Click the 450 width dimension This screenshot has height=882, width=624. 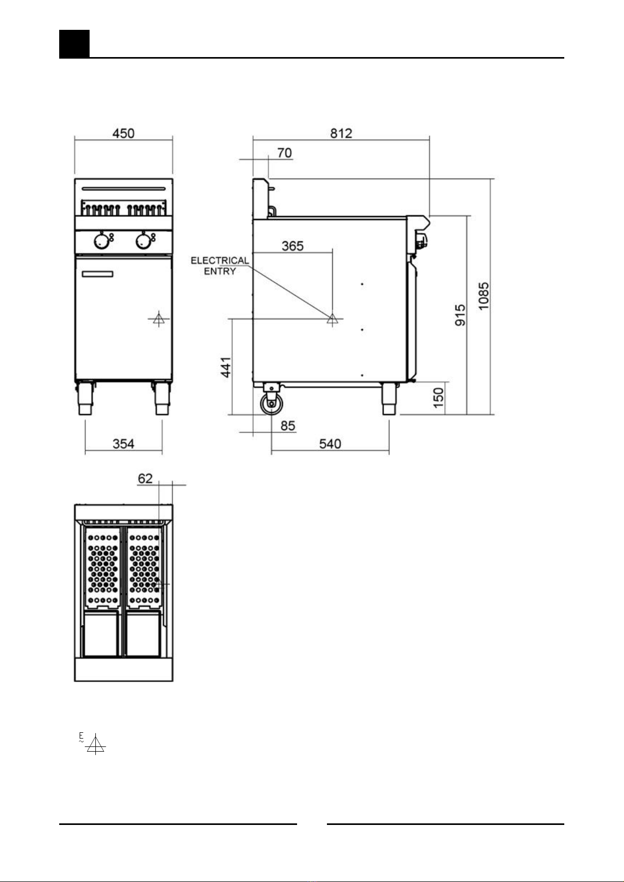[123, 133]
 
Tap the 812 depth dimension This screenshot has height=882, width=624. [341, 133]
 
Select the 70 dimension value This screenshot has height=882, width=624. [284, 153]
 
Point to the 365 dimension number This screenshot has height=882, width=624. [292, 246]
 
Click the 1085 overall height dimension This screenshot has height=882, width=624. [484, 296]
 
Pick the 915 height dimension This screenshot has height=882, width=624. [461, 315]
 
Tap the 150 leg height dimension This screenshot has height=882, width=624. [439, 398]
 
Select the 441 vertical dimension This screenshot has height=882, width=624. [226, 367]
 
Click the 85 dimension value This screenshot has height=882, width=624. [288, 426]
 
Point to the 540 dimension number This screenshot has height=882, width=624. [330, 444]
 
